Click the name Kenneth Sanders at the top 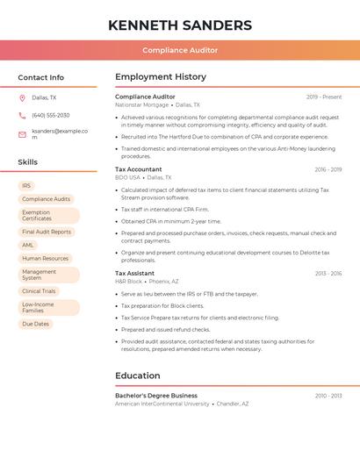pos(180,25)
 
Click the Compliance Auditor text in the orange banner pos(180,50)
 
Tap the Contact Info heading pos(40,77)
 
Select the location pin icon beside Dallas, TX pos(22,97)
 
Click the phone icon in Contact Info pos(22,115)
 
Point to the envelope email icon pos(22,134)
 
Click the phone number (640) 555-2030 pos(50,115)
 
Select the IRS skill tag pos(26,186)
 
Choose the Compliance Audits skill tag pos(46,199)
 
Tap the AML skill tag pos(28,245)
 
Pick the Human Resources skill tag pos(45,258)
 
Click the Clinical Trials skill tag pos(39,290)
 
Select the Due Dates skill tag pos(35,324)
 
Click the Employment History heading pos(161,77)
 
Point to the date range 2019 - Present pos(324,97)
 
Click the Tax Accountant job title pos(139,169)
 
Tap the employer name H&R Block pos(128,282)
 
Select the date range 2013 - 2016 pos(328,273)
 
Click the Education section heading pos(138,376)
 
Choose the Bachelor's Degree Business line pos(156,396)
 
